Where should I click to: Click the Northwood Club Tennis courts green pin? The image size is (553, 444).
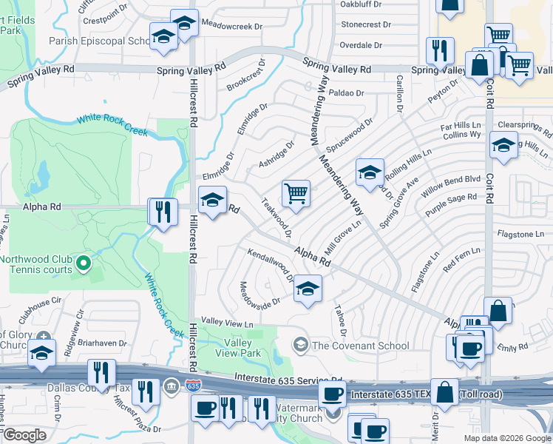(84, 262)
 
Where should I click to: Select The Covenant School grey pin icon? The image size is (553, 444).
(301, 345)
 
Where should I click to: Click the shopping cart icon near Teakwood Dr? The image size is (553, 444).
(296, 194)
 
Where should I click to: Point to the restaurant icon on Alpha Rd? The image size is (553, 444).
(162, 212)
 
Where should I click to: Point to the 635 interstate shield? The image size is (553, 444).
(193, 386)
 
